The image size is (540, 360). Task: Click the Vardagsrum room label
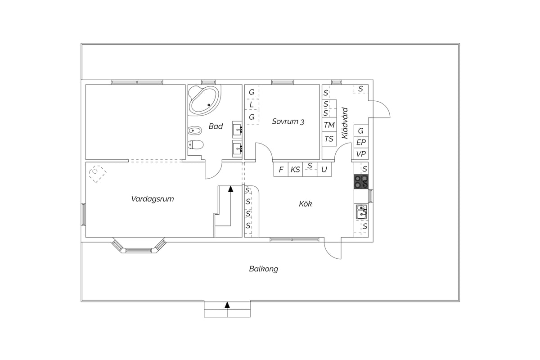pyautogui.click(x=153, y=199)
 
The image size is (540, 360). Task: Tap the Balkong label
pyautogui.click(x=264, y=269)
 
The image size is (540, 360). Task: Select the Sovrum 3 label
pyautogui.click(x=288, y=121)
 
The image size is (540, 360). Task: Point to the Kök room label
pyautogui.click(x=306, y=204)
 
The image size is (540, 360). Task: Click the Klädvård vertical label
pyautogui.click(x=345, y=123)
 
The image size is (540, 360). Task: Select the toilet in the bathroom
pyautogui.click(x=195, y=145)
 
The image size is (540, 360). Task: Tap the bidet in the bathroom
pyautogui.click(x=194, y=130)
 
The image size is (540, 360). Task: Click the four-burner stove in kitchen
pyautogui.click(x=361, y=181)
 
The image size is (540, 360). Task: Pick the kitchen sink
pyautogui.click(x=361, y=212)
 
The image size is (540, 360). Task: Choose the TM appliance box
pyautogui.click(x=329, y=125)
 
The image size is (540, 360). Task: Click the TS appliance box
pyautogui.click(x=329, y=139)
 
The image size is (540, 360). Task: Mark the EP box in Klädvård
pyautogui.click(x=361, y=142)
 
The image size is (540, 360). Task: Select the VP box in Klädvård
pyautogui.click(x=361, y=153)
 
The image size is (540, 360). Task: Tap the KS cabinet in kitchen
pyautogui.click(x=295, y=170)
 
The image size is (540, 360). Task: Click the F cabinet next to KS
pyautogui.click(x=281, y=170)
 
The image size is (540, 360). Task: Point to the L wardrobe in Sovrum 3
pyautogui.click(x=252, y=105)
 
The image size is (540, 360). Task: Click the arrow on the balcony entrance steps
pyautogui.click(x=227, y=305)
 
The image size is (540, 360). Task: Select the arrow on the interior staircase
pyautogui.click(x=231, y=206)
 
